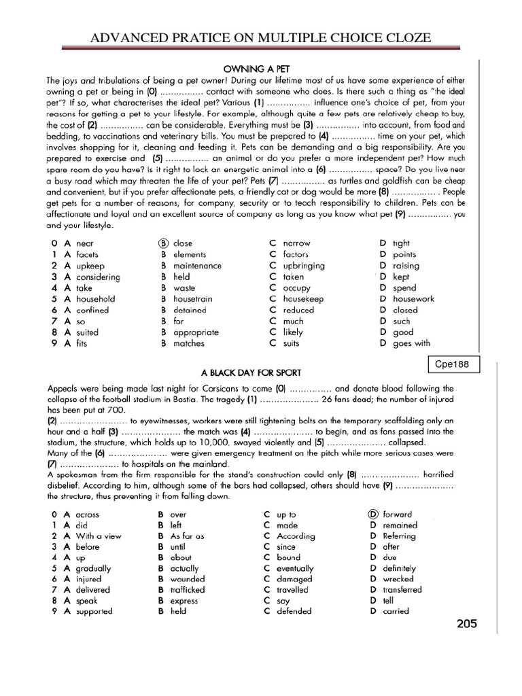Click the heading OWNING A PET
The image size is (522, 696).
(254, 69)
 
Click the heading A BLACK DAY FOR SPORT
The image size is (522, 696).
(251, 373)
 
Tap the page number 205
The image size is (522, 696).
(468, 624)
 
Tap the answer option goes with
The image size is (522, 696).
(412, 343)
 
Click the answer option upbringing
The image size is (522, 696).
(304, 266)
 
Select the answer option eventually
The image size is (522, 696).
(296, 568)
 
